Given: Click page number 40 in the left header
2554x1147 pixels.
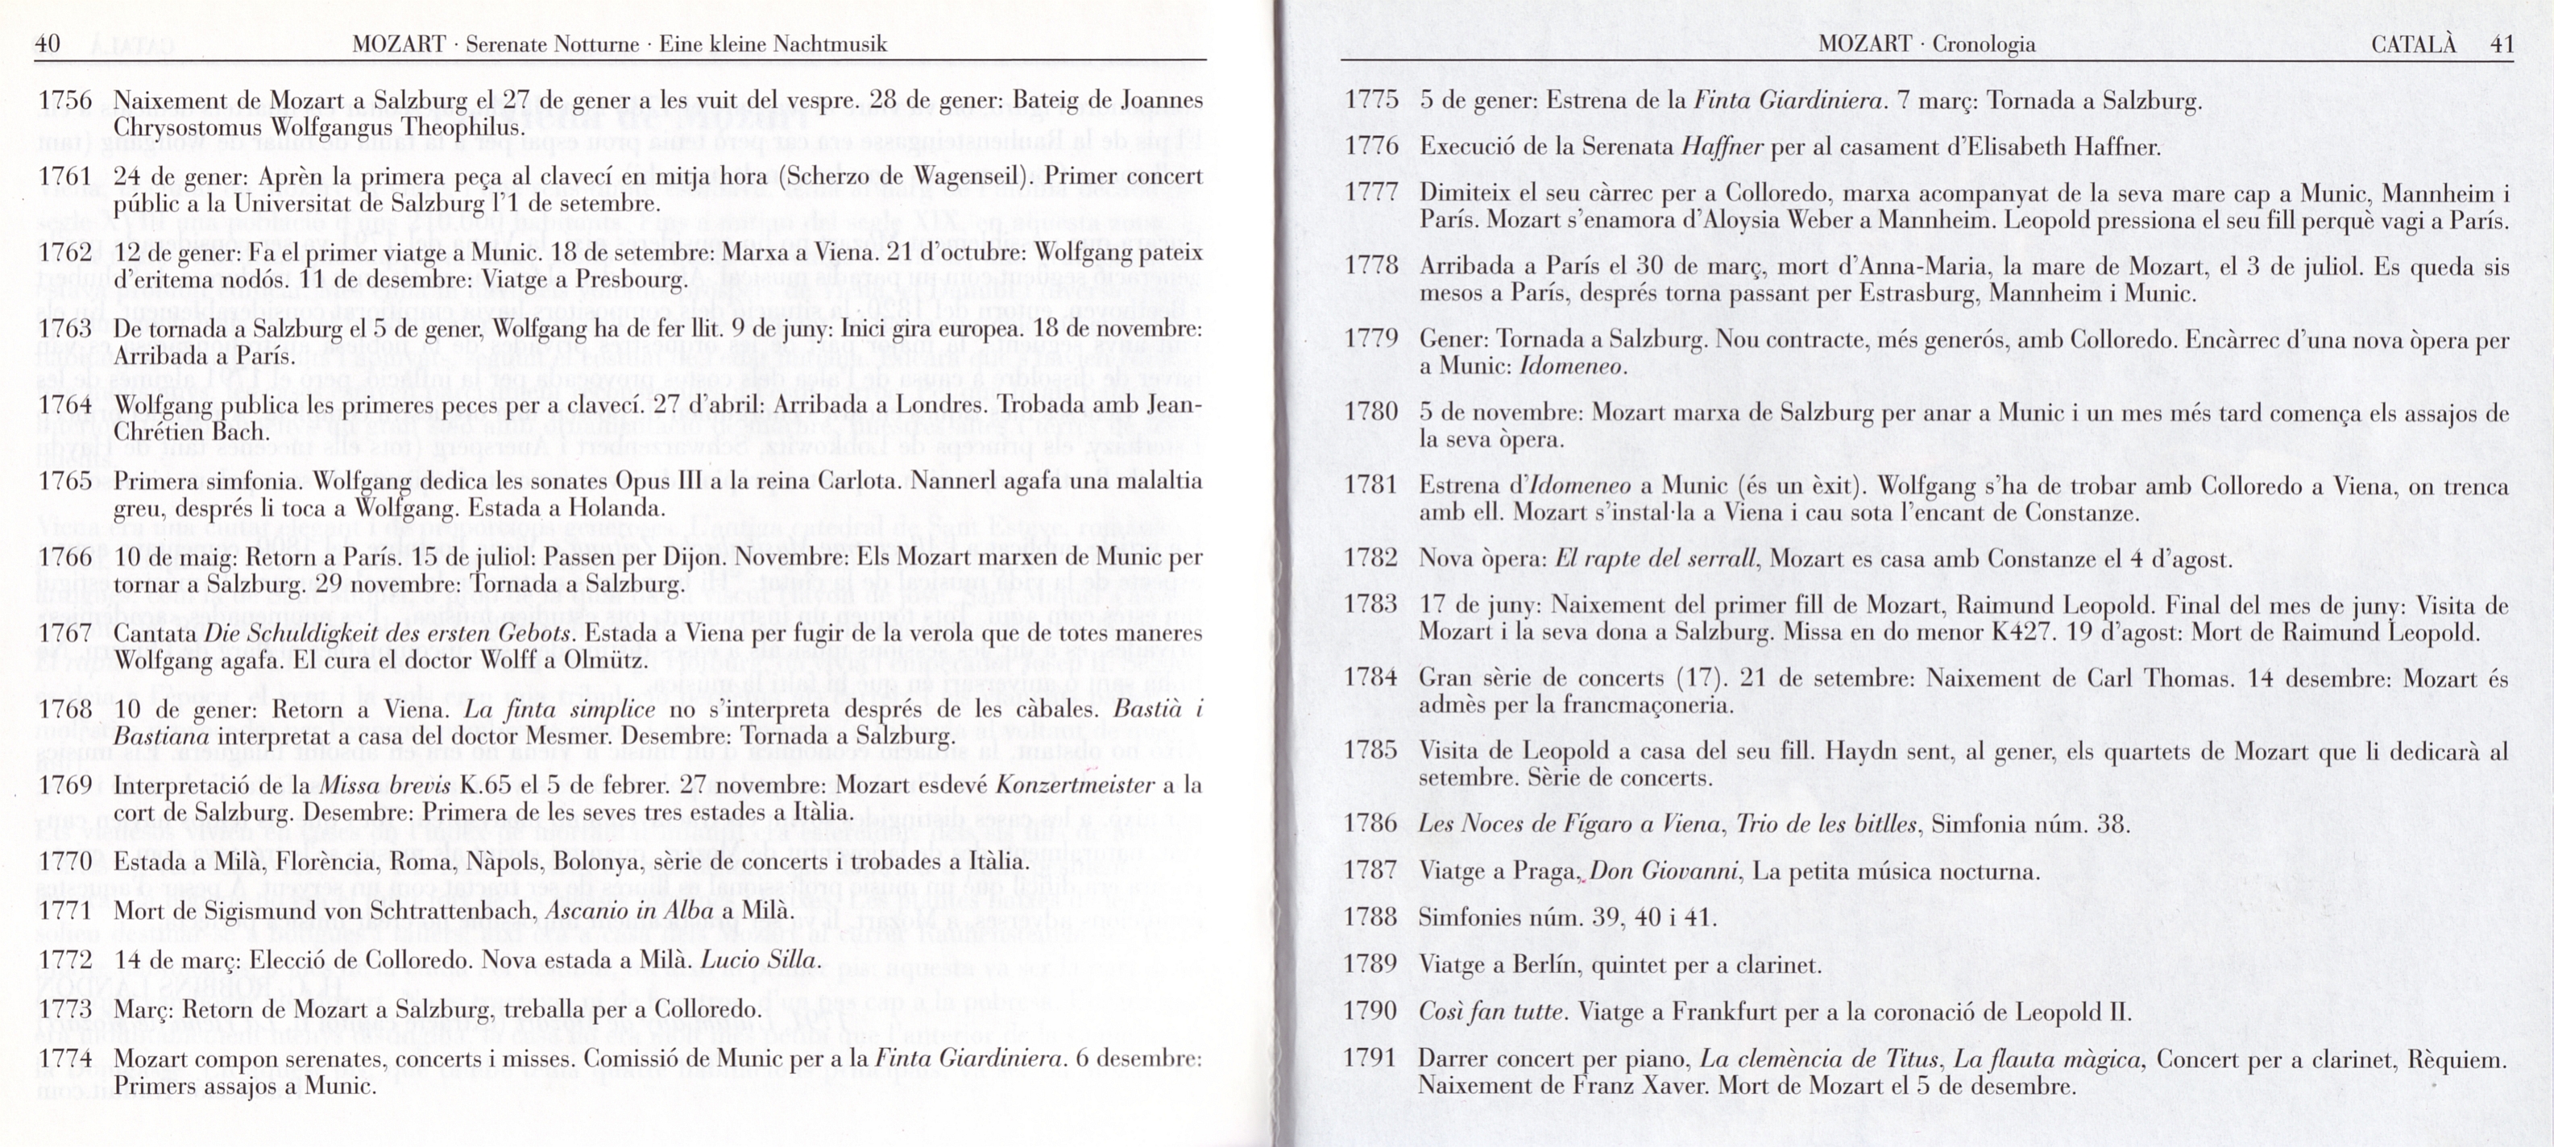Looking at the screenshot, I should (x=48, y=43).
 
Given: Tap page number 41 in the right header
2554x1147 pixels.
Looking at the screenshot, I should (x=2502, y=43).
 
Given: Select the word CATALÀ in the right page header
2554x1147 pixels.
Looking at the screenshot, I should (x=2413, y=43).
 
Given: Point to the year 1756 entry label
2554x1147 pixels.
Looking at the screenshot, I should (x=64, y=100).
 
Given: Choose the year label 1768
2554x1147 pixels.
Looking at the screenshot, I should (x=64, y=710).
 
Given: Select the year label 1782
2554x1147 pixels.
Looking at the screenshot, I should (x=1370, y=559).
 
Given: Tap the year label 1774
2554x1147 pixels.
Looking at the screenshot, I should (x=64, y=1058).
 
